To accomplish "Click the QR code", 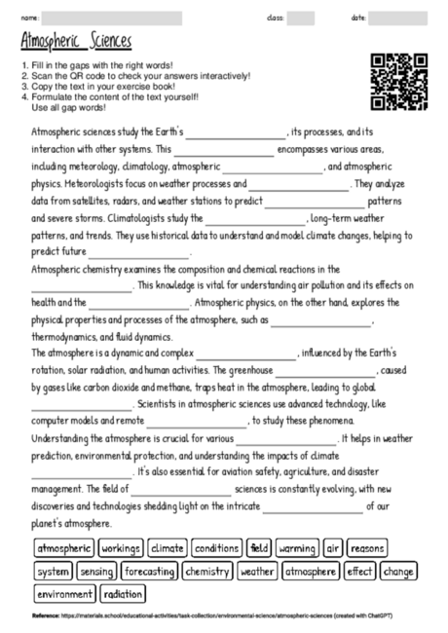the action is tap(399, 81).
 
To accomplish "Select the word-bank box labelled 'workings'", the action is tap(121, 549).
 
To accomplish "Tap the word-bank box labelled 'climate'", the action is tap(168, 549).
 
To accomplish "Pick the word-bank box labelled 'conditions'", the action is tap(216, 549).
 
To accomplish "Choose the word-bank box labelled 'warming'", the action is tap(296, 549).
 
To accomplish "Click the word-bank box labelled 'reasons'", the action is tap(367, 549).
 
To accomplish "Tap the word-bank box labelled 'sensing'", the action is tap(96, 572).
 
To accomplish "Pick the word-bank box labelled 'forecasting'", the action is tap(149, 572).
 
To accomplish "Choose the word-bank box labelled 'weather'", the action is tap(257, 572).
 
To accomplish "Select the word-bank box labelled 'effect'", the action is tap(359, 572).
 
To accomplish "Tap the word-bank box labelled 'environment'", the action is tap(64, 594).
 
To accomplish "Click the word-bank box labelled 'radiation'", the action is tap(122, 594).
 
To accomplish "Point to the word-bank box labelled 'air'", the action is tap(333, 549).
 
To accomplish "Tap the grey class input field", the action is tap(301, 18).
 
